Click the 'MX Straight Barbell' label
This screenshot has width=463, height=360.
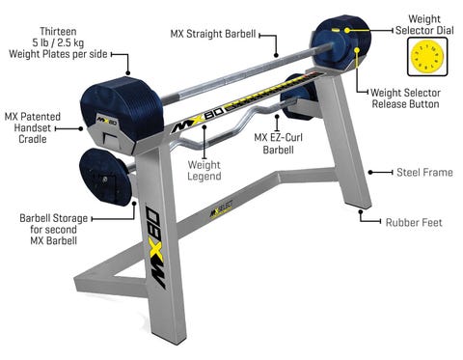pos(213,34)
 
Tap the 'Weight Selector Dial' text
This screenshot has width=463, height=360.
pos(424,25)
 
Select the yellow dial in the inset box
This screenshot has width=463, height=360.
pos(427,57)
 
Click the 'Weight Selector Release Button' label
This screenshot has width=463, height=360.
pos(405,98)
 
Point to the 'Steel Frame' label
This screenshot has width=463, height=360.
pos(424,173)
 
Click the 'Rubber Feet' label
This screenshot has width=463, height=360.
pos(414,222)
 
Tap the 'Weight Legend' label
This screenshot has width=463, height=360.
pos(204,171)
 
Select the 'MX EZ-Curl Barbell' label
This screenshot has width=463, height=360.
pos(279,144)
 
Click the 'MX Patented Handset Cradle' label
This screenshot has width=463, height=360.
pos(33,127)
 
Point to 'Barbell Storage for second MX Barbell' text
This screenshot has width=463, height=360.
pos(54,230)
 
